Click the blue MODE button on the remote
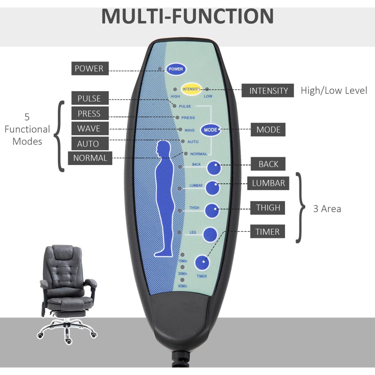[x=210, y=130]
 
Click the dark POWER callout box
[x=89, y=68]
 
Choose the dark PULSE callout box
[x=89, y=98]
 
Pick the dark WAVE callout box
[x=89, y=128]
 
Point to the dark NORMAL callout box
[x=90, y=158]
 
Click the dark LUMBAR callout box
[x=268, y=183]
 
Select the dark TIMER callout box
[x=267, y=232]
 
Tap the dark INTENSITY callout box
[x=268, y=91]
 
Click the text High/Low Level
[x=334, y=91]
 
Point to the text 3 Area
[x=327, y=209]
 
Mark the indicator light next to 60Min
[x=182, y=280]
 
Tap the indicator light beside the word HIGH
[x=175, y=89]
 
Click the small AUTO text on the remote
[x=193, y=142]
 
